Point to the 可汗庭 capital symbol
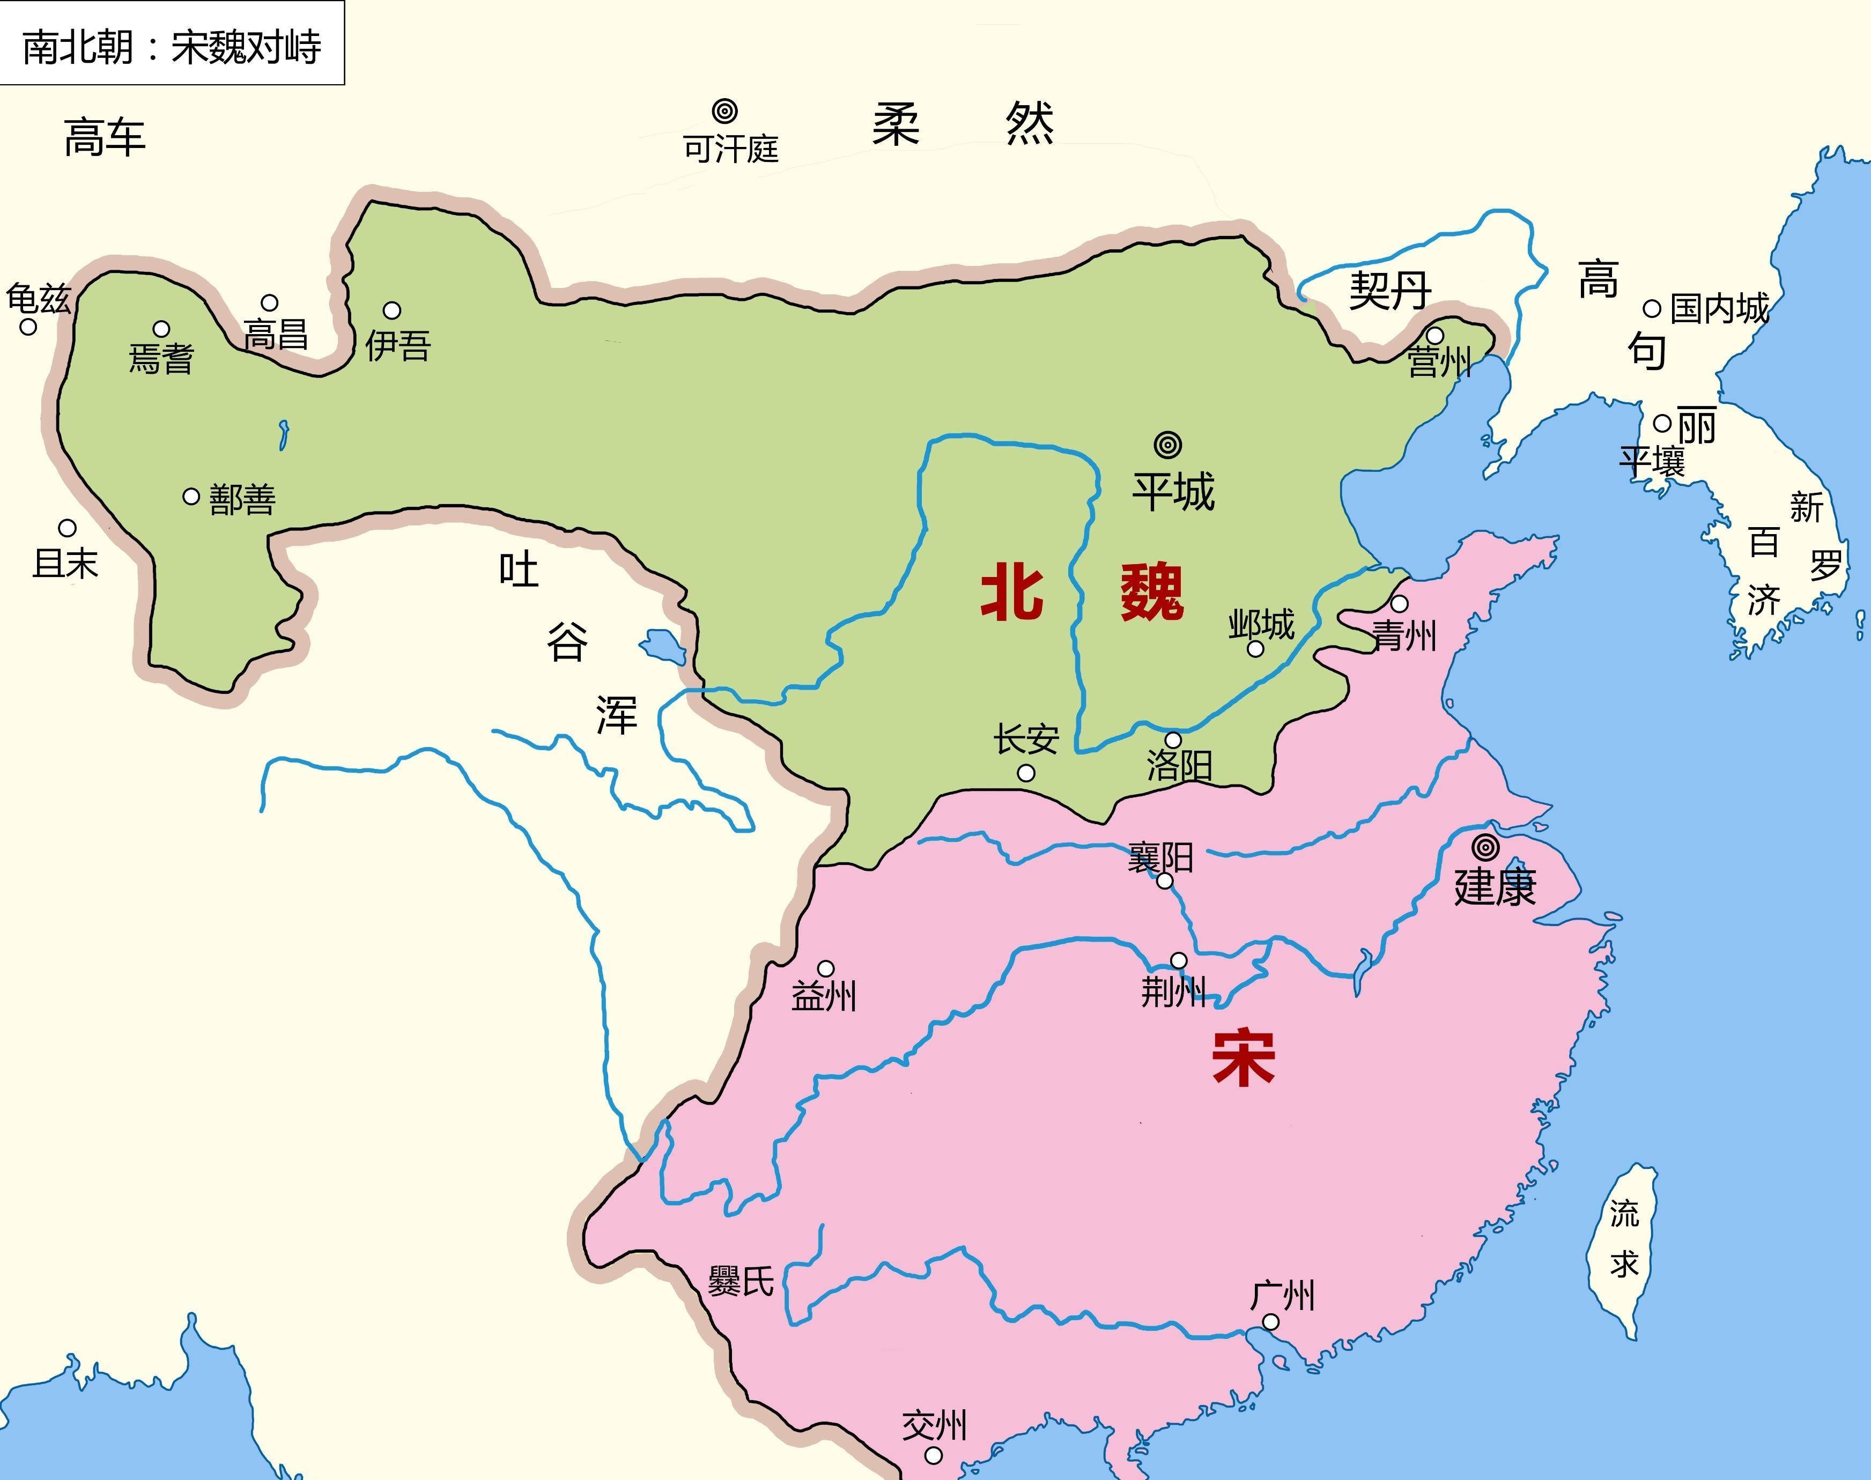(724, 112)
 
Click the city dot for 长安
(1026, 773)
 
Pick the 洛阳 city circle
(1172, 740)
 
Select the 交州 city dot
(933, 1455)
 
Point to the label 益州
(823, 996)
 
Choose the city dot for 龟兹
(28, 327)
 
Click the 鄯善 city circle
(191, 497)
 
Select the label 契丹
(1389, 290)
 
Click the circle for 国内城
(1652, 308)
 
